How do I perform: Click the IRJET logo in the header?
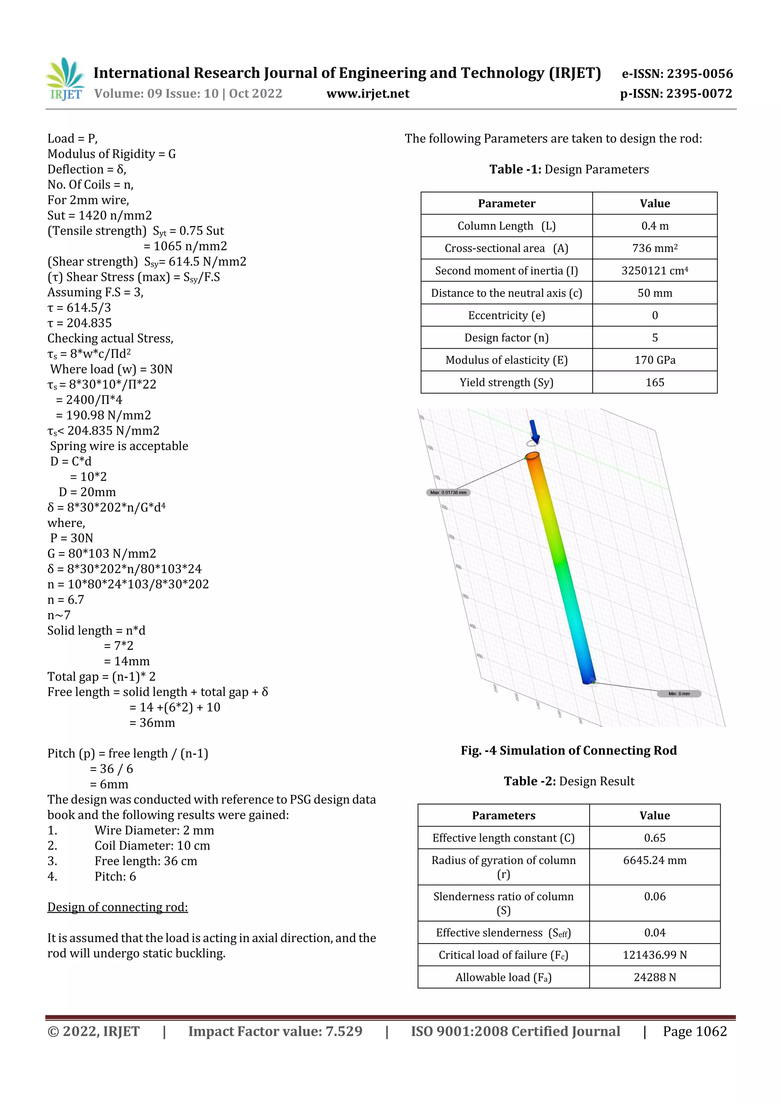(66, 79)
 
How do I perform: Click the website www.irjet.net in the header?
(368, 94)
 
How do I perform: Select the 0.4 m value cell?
(654, 226)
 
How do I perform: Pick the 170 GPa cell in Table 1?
(654, 360)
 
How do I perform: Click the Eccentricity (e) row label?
(506, 316)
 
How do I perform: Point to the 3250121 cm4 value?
(654, 271)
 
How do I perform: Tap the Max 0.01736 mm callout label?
(448, 492)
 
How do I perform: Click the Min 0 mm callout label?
(679, 693)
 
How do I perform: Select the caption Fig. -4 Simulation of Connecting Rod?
(568, 751)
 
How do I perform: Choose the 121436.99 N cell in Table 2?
(654, 955)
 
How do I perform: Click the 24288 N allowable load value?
(654, 977)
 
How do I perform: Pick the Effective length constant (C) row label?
(503, 838)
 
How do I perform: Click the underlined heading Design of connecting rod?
(117, 907)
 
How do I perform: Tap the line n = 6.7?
(66, 599)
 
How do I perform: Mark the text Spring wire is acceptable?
(119, 446)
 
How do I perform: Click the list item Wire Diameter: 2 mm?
(154, 830)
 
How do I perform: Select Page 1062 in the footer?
(694, 1031)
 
